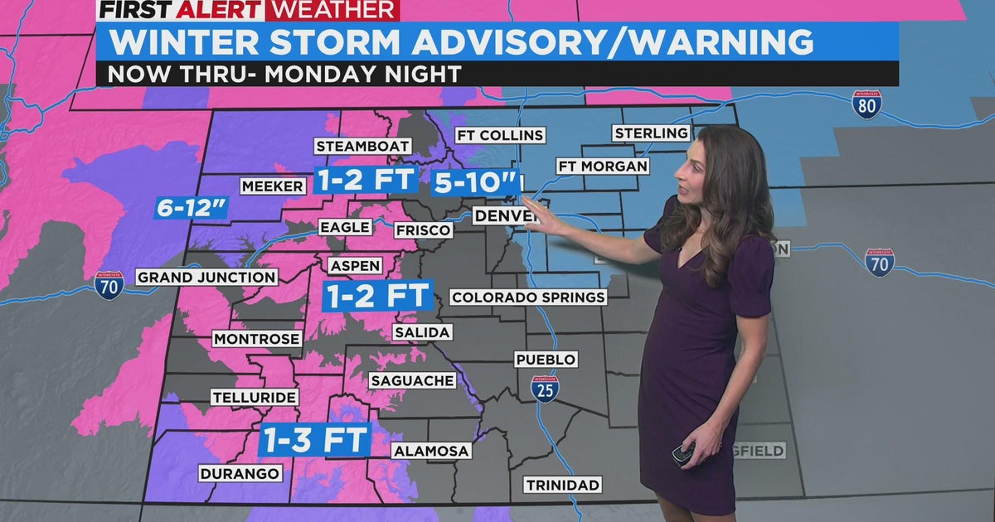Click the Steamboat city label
click(x=362, y=146)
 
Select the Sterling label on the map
click(x=651, y=133)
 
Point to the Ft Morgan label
click(x=603, y=166)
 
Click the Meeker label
click(x=273, y=186)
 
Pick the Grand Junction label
click(x=206, y=277)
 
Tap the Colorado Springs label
click(x=528, y=297)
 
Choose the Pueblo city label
click(x=545, y=360)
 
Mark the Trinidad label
click(x=562, y=485)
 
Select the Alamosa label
click(x=431, y=451)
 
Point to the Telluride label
click(x=254, y=398)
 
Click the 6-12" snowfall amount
click(x=192, y=208)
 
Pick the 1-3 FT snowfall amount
click(x=314, y=439)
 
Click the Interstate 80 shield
click(x=866, y=104)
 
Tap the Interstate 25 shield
click(x=545, y=388)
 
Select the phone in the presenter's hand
click(x=682, y=455)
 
